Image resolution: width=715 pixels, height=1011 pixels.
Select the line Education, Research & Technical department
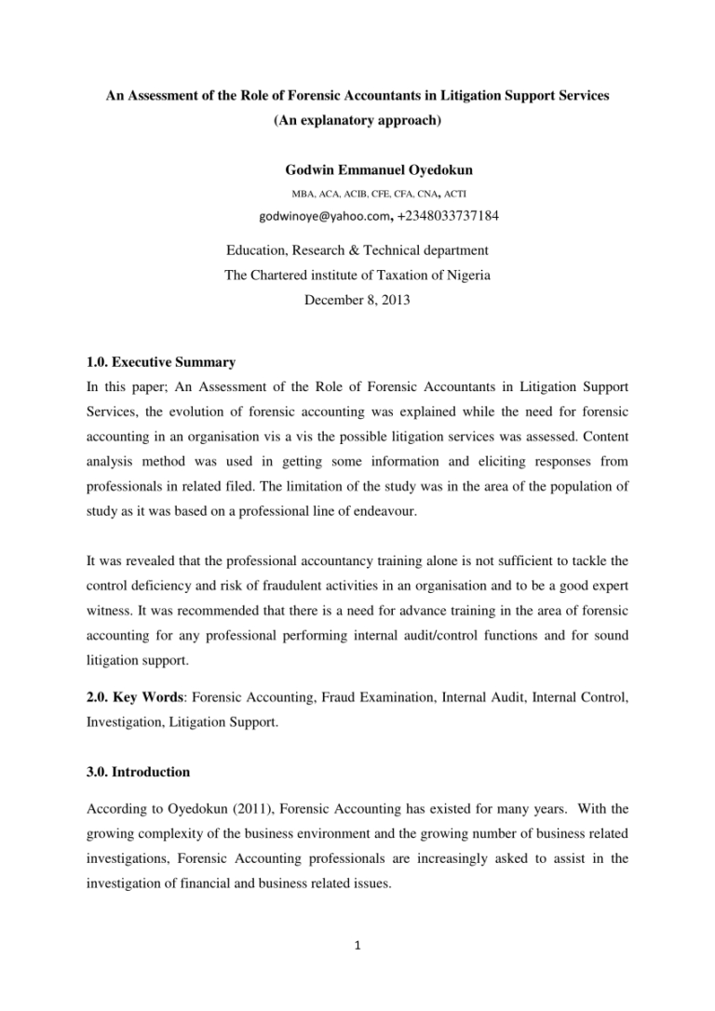(357, 251)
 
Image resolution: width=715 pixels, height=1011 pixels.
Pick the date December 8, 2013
(357, 299)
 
